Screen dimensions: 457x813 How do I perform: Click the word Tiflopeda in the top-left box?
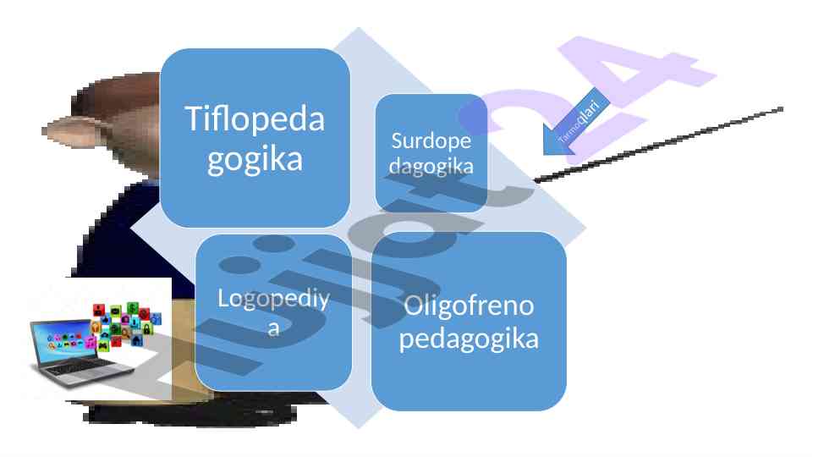click(x=255, y=118)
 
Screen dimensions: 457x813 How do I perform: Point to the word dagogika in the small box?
click(x=431, y=165)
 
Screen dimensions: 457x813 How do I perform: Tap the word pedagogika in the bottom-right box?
click(x=469, y=339)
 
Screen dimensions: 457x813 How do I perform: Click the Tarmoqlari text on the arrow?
click(x=580, y=120)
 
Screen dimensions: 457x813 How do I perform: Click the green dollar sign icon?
click(x=133, y=306)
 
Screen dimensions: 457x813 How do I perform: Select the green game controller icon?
click(x=103, y=345)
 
